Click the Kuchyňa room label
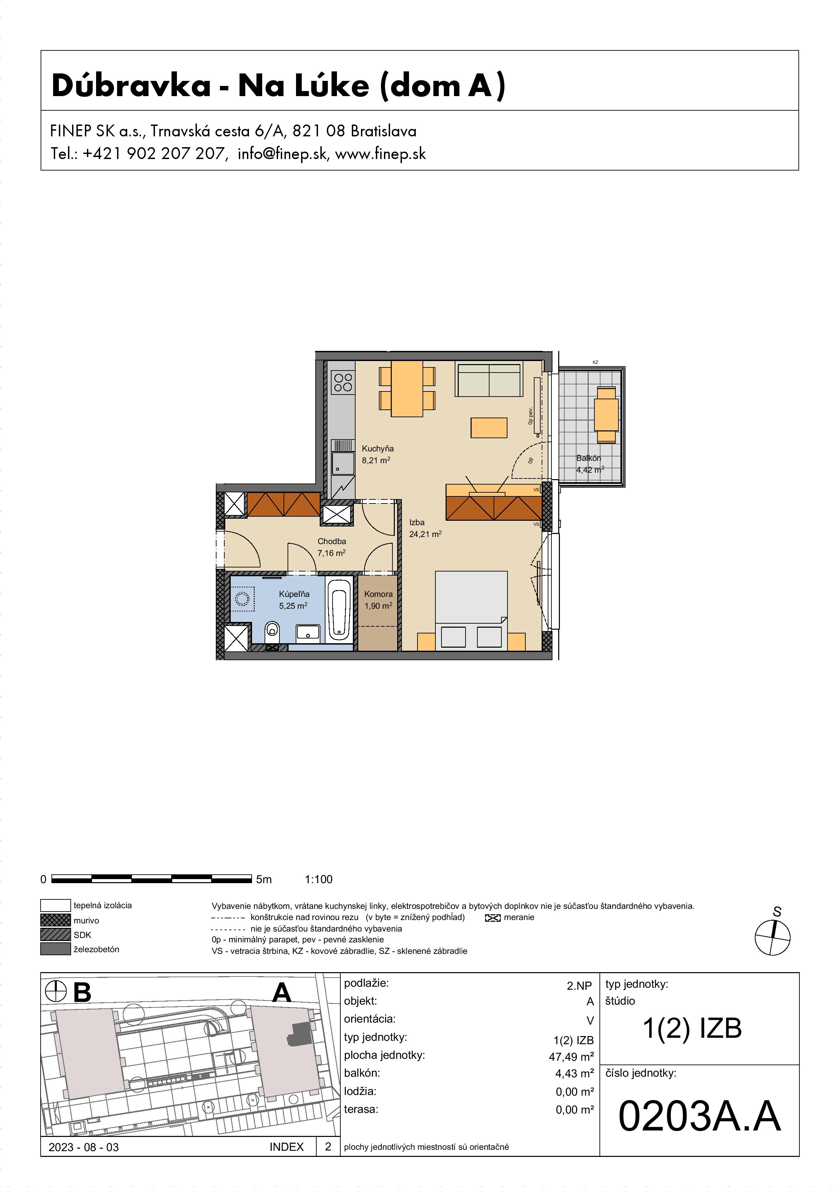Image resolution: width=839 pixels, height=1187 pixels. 377,449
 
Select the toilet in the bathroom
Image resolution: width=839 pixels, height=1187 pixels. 272,634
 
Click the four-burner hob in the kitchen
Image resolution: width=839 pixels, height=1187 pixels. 343,383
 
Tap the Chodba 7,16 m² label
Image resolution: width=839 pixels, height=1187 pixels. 331,547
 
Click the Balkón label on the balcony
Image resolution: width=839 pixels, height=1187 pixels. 588,458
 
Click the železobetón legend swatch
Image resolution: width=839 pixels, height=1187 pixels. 55,949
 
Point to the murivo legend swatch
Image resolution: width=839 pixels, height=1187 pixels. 55,920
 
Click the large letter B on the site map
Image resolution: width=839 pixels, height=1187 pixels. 82,993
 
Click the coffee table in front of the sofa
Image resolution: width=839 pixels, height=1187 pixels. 489,428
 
